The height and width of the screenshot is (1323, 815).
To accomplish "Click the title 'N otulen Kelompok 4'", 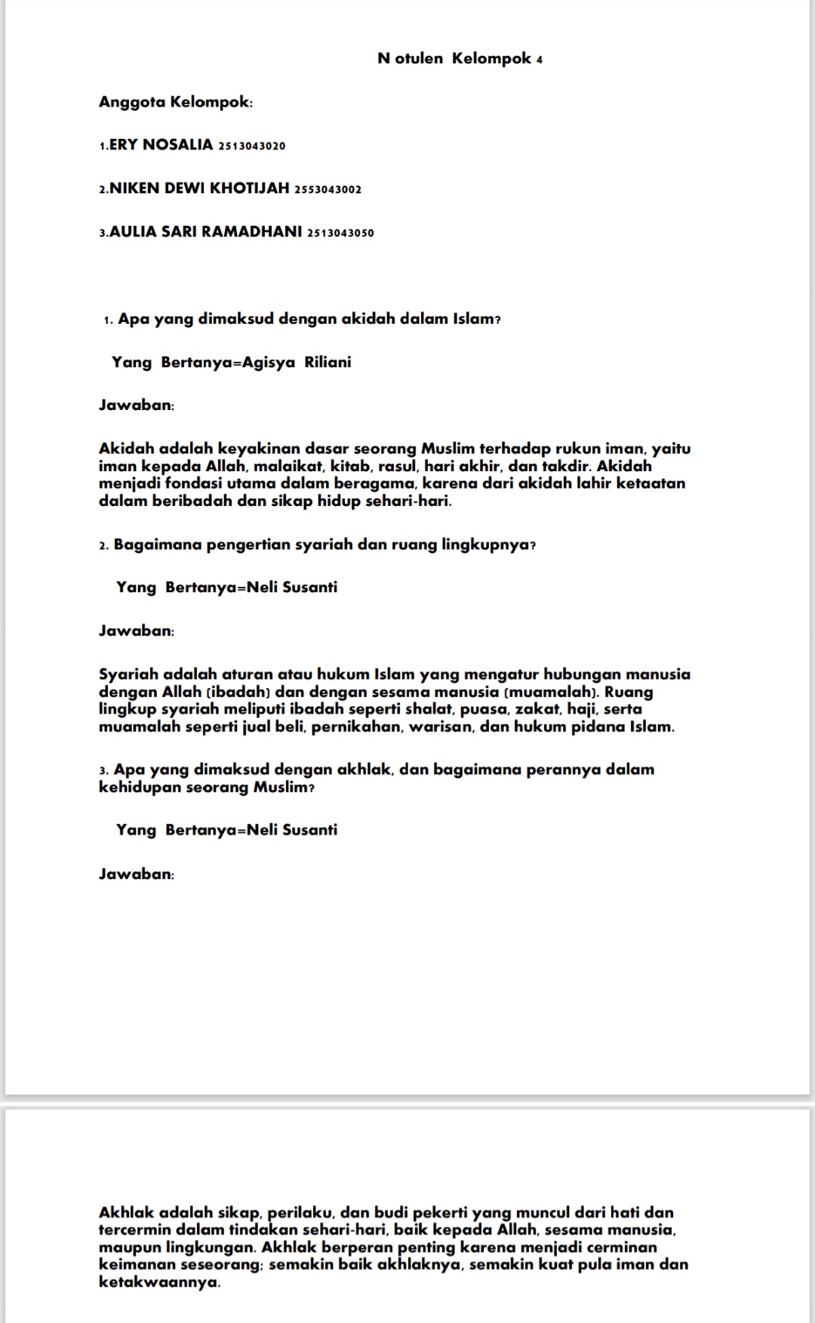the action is (x=460, y=59).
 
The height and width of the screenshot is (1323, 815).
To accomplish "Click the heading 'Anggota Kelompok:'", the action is (x=175, y=102).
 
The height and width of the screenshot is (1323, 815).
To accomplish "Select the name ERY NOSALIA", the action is (x=161, y=145).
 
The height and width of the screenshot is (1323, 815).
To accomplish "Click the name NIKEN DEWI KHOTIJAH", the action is (x=199, y=188).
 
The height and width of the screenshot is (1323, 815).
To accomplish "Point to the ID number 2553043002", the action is (x=328, y=190).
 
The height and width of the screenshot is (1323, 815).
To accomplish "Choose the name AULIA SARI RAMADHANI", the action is (x=206, y=232).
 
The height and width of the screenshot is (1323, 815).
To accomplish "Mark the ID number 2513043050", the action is (x=340, y=233).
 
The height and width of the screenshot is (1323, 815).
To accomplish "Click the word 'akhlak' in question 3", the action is (x=364, y=769).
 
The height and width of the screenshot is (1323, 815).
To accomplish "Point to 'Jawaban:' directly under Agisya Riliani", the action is (x=137, y=406).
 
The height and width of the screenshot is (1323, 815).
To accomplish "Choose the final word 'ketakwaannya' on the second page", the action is (x=158, y=1282).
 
